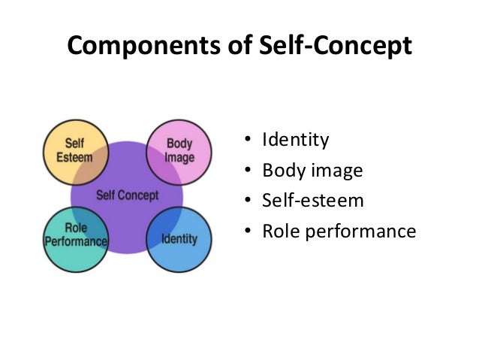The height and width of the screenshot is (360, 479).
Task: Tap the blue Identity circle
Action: tap(179, 238)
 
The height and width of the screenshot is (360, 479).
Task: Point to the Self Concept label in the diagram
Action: tap(128, 195)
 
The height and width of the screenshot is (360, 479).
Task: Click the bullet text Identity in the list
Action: tap(295, 140)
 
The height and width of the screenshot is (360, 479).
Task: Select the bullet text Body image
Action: tap(312, 171)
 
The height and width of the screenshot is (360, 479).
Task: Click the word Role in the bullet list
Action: tap(279, 231)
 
